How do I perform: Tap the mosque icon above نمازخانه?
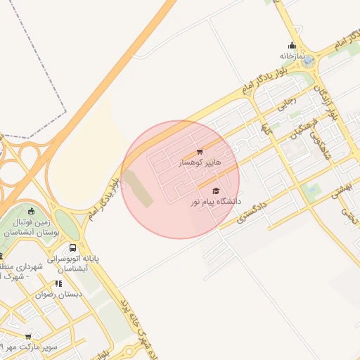click(x=292, y=46)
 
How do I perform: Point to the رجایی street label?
click(x=290, y=103)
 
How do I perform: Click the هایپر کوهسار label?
click(x=199, y=162)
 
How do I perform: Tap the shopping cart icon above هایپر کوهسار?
click(x=200, y=152)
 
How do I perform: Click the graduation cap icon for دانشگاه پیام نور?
click(x=216, y=191)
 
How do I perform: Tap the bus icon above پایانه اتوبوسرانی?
click(x=73, y=248)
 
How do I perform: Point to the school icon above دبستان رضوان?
click(x=58, y=283)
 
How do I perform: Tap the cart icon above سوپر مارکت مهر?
click(x=28, y=337)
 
